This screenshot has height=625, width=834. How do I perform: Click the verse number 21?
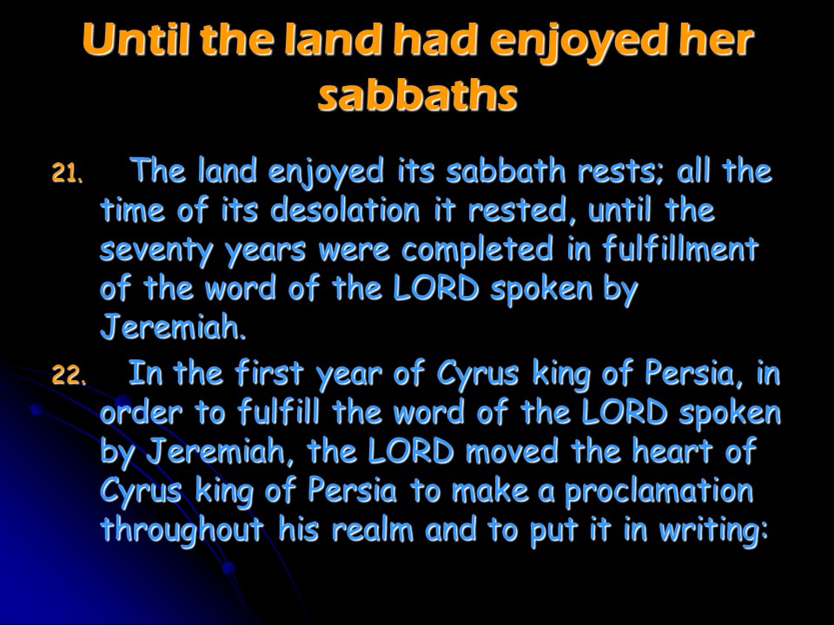pyautogui.click(x=67, y=173)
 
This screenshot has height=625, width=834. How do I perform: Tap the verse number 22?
pyautogui.click(x=68, y=375)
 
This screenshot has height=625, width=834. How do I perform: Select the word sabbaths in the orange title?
pyautogui.click(x=418, y=95)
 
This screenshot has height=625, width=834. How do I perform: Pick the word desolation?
pyautogui.click(x=345, y=210)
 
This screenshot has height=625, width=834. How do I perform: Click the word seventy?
pyautogui.click(x=156, y=250)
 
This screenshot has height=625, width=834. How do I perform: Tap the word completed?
pyautogui.click(x=477, y=250)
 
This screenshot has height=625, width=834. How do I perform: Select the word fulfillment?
pyautogui.click(x=680, y=248)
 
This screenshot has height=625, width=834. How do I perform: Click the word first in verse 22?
pyautogui.click(x=269, y=372)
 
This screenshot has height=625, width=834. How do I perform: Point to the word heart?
pyautogui.click(x=672, y=451)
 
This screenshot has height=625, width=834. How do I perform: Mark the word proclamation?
pyautogui.click(x=659, y=491)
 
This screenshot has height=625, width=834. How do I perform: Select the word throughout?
pyautogui.click(x=182, y=530)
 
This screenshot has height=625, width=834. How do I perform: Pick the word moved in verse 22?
pyautogui.click(x=512, y=451)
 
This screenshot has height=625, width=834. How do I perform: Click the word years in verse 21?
pyautogui.click(x=266, y=252)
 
